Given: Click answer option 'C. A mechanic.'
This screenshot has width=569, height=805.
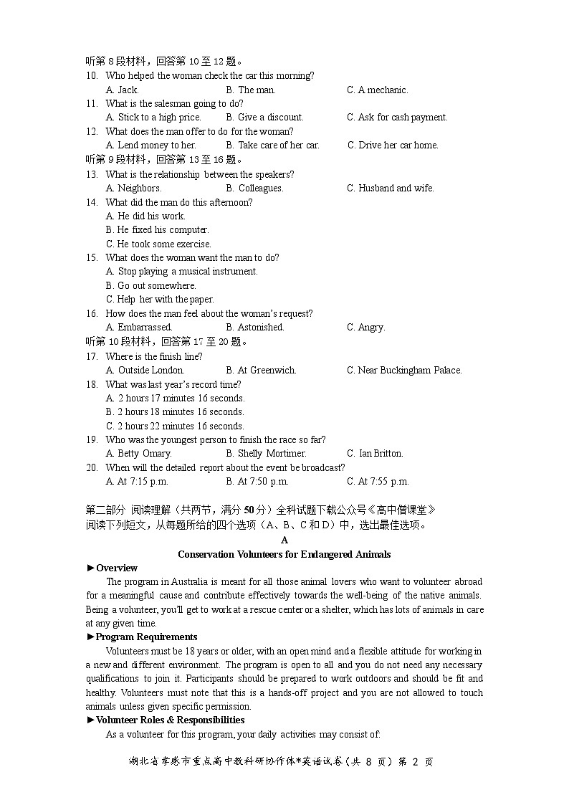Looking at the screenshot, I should (x=377, y=90).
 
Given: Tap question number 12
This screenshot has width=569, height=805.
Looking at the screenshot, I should (x=92, y=131).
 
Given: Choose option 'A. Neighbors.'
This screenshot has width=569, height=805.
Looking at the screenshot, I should (x=133, y=189).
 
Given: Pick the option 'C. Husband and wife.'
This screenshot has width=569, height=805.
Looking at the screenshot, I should (x=391, y=189).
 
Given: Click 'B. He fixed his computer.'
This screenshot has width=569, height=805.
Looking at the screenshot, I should (x=157, y=230).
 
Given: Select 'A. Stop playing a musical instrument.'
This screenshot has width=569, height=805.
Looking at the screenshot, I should (x=181, y=272).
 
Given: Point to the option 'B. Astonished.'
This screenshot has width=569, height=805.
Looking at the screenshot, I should (x=254, y=328).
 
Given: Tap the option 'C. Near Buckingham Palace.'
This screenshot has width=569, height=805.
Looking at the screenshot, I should (x=404, y=371).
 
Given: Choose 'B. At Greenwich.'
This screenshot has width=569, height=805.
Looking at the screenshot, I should (x=261, y=371).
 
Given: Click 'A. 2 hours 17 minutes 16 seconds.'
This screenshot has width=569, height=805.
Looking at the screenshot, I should (x=175, y=399).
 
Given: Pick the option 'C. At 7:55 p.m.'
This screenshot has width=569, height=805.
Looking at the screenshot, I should (x=378, y=482).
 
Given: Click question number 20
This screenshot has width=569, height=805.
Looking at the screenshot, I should (x=92, y=467).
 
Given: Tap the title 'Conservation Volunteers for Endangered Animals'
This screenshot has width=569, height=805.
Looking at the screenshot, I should (x=284, y=554).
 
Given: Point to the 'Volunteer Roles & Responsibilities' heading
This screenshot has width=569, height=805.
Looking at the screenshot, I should (x=170, y=720).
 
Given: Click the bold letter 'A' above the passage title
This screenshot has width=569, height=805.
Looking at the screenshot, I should (x=284, y=540).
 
